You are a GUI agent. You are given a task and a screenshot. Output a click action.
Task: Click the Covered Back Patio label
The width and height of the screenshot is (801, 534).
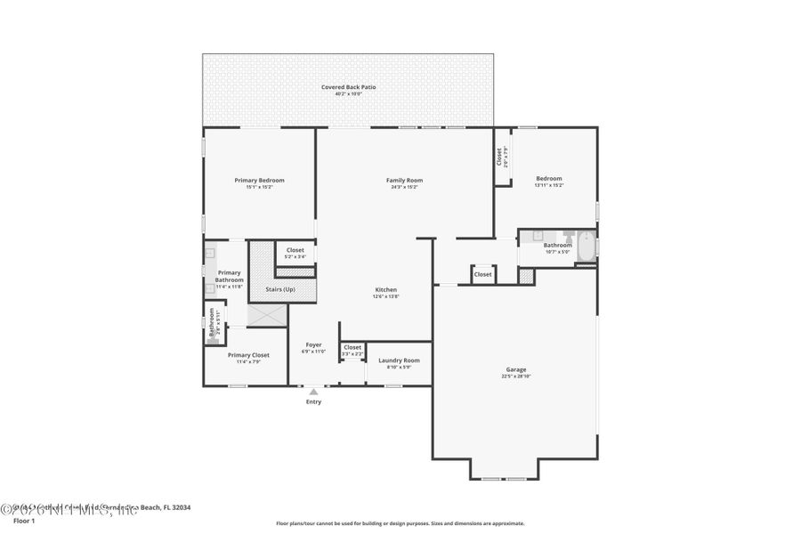[x=348, y=87]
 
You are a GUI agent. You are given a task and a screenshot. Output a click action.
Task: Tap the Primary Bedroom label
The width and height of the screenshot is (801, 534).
[x=259, y=181]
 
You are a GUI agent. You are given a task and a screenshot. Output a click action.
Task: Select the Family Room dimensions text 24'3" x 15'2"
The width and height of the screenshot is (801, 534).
[x=404, y=187]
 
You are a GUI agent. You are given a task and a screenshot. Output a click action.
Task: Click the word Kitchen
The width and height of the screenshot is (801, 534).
[x=385, y=290]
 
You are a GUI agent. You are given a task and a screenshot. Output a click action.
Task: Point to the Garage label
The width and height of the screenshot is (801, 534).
[x=516, y=369]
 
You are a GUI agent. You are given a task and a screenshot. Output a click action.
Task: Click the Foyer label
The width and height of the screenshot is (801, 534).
[x=313, y=344]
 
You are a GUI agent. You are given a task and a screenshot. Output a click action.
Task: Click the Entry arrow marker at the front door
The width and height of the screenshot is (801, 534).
[x=313, y=391]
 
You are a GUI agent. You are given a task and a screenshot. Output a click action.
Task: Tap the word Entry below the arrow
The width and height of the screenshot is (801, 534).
[x=313, y=402]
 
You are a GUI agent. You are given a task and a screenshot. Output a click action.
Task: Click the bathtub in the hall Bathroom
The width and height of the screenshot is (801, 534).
[x=586, y=247]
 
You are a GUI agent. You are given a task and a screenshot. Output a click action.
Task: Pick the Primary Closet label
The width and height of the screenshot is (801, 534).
[x=248, y=355]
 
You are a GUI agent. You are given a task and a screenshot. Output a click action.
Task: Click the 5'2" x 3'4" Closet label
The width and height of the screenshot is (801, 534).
[x=295, y=250]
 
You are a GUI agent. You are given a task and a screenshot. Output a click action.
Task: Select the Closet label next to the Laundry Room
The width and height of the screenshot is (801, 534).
[x=352, y=347]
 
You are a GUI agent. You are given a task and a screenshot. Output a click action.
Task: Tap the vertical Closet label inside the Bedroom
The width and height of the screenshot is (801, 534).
[x=499, y=157]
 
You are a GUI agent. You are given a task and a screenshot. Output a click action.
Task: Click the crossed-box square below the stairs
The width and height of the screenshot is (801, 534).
[x=267, y=315]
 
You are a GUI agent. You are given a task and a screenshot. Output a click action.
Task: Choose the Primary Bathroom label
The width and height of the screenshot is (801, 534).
[x=229, y=276]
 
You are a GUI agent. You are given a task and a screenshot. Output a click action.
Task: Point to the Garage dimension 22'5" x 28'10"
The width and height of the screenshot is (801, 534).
[x=516, y=376]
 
